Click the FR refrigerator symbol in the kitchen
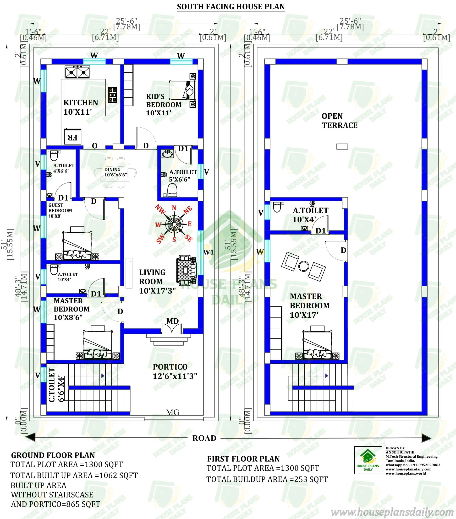[x=73, y=137]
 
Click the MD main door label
[x=172, y=321]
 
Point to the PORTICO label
[x=170, y=367]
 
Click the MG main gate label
[x=173, y=412]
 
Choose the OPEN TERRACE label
[x=339, y=121]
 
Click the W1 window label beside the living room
[x=209, y=252]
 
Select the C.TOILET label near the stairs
[x=52, y=385]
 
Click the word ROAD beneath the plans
[x=204, y=438]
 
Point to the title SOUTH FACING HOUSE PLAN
[x=231, y=7]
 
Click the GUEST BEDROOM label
[x=60, y=210]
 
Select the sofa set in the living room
[x=186, y=270]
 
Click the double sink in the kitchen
[x=77, y=72]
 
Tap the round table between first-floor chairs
[x=303, y=266]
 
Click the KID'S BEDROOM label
[x=164, y=104]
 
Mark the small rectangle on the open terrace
[x=342, y=146]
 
